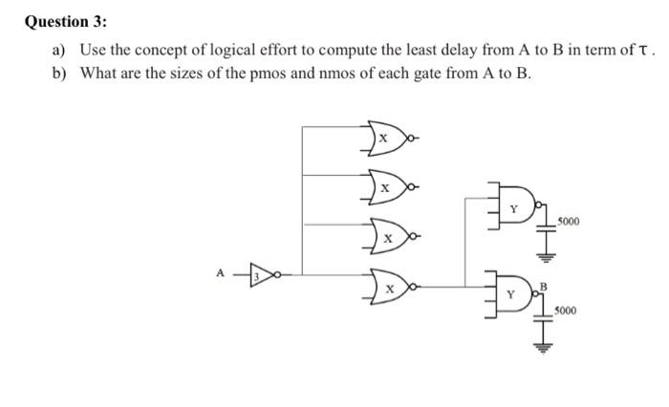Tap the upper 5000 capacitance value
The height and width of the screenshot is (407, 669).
[572, 221]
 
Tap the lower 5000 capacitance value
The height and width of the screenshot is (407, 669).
[572, 311]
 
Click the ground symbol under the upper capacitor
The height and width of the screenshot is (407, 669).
[548, 255]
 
